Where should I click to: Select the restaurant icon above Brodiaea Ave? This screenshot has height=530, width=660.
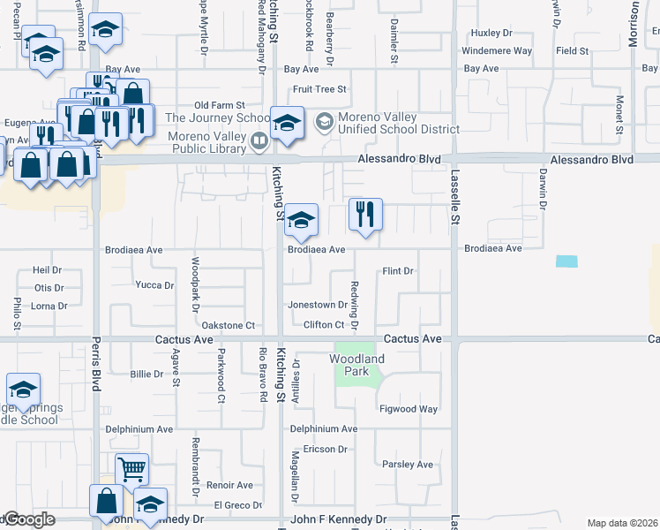pos(364,215)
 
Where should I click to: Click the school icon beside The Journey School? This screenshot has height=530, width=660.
pos(286,124)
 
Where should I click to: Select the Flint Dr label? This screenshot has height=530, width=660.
pos(398,271)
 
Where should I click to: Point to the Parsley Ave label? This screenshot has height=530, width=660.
pos(408,464)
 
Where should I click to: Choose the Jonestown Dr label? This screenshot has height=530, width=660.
pos(319,305)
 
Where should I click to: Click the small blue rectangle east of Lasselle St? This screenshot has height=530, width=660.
pos(567,261)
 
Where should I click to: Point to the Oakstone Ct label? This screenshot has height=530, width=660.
pos(229,325)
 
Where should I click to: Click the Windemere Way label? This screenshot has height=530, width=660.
pos(497,51)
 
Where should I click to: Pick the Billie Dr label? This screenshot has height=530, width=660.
pos(146,374)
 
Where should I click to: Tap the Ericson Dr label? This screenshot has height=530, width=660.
pos(324,449)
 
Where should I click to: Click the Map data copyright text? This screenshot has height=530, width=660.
pos(622,523)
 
